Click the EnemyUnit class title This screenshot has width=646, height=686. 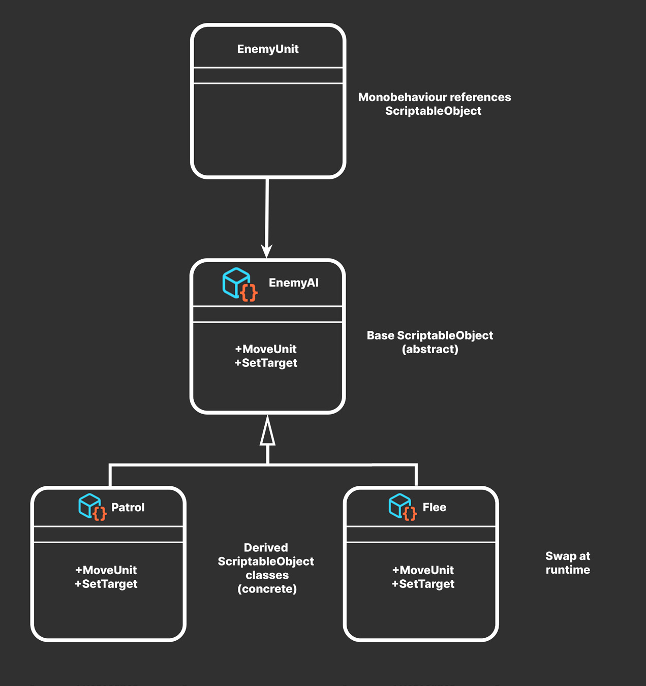[x=268, y=49]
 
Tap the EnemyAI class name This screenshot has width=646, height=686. [x=294, y=283]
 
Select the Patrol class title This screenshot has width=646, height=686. [x=128, y=507]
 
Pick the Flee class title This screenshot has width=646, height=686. [x=435, y=507]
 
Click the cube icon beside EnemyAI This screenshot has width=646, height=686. [x=239, y=284]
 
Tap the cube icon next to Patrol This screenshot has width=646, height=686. [x=93, y=507]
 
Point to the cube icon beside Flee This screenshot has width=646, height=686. [x=403, y=507]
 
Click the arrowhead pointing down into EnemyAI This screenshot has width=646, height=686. [x=266, y=251]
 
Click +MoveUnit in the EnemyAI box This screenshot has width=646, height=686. [x=266, y=349]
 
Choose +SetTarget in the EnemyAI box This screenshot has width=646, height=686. [x=266, y=363]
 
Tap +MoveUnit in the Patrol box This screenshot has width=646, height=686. [x=106, y=570]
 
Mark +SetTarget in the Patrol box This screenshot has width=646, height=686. [x=106, y=584]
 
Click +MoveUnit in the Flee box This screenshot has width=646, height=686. [x=423, y=570]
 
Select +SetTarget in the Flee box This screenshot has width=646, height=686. [x=423, y=584]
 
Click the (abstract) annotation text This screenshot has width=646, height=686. [x=430, y=349]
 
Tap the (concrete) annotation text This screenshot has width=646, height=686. [x=267, y=588]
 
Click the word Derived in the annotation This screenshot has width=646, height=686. [x=266, y=547]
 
